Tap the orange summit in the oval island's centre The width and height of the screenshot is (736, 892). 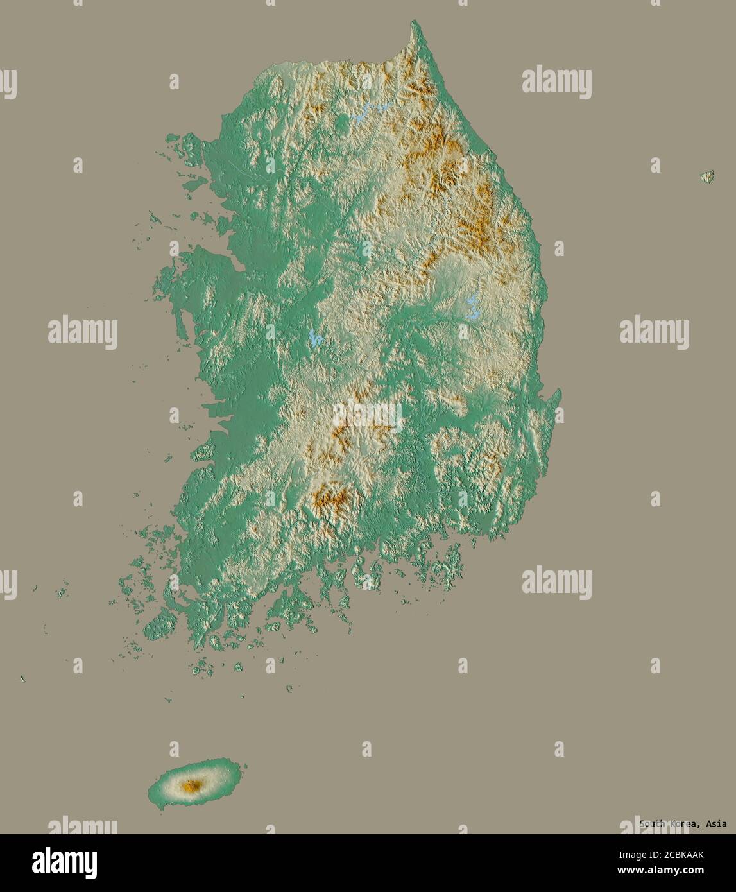tap(191, 785)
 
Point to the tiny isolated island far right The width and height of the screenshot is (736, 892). tap(707, 176)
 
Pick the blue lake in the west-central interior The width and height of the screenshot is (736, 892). tap(314, 338)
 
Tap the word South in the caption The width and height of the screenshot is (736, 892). tap(653, 824)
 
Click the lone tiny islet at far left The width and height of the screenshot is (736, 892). tap(23, 678)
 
